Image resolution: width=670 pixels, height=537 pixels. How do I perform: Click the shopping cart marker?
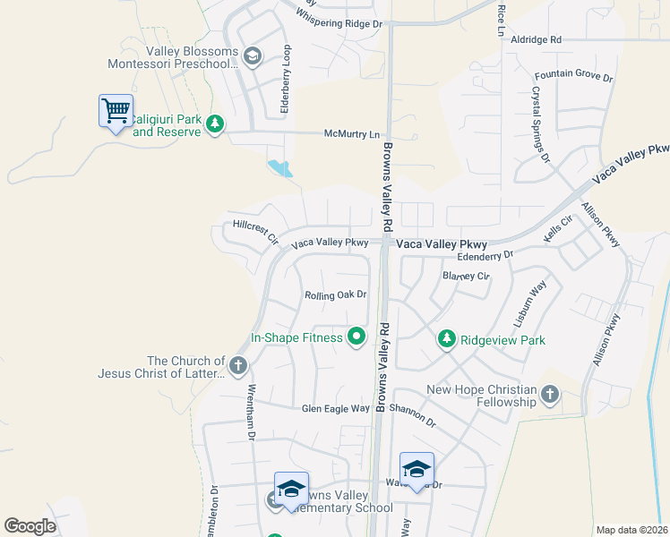point(116,111)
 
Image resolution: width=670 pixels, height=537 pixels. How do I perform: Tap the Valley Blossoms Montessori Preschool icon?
point(252,57)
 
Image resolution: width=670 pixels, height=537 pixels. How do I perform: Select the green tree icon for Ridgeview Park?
point(447,339)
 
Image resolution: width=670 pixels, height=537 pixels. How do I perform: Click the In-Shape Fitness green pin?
point(356,337)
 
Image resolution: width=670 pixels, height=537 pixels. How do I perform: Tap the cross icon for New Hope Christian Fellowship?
point(550,395)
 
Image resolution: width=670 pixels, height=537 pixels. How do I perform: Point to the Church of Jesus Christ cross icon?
point(237,365)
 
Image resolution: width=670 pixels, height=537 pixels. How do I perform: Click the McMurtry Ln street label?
point(350,133)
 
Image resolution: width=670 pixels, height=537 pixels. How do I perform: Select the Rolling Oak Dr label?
point(336,294)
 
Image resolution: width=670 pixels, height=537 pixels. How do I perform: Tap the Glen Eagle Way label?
point(336,408)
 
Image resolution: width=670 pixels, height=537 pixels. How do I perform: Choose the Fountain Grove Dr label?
point(573,78)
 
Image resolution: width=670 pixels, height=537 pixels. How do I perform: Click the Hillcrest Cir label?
point(255,231)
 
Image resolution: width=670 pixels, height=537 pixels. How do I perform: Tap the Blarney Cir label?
point(466,276)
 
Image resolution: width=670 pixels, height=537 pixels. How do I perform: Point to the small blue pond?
point(279,167)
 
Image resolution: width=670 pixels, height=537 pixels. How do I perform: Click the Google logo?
point(30,526)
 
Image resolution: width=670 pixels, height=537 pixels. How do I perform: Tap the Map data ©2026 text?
point(632,530)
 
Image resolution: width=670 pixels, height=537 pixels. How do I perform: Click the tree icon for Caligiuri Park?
point(214,123)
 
